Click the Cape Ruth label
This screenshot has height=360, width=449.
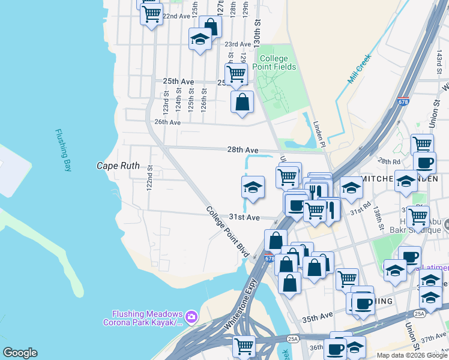tap(118, 166)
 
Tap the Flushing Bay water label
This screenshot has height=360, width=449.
tap(63, 151)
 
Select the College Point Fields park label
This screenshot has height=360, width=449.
tap(277, 62)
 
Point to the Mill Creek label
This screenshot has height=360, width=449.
tap(360, 70)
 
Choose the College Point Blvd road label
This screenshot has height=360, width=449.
tap(228, 232)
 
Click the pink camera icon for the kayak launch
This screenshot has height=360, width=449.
tap(191, 316)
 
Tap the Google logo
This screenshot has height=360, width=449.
tap(20, 353)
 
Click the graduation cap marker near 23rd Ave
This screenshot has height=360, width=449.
tap(200, 40)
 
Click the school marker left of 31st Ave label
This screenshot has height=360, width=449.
tap(253, 187)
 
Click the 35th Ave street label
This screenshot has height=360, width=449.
tap(318, 315)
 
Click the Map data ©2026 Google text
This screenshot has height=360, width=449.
tap(411, 355)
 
